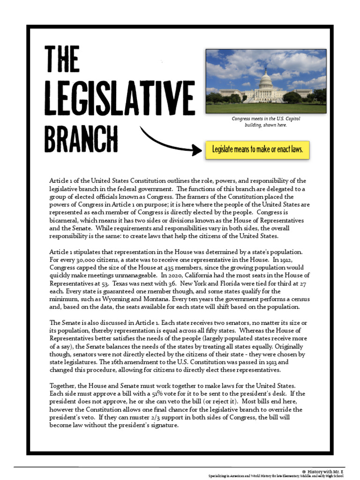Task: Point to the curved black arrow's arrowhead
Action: tap(196, 150)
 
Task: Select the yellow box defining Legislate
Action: tap(257, 150)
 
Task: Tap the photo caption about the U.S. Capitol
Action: tap(266, 122)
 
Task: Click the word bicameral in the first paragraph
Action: tap(65, 220)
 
